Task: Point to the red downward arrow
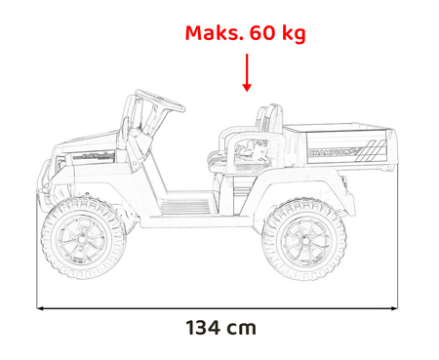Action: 246,72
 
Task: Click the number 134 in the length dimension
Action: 206,328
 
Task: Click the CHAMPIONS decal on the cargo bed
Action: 335,153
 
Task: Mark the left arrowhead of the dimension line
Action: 41,309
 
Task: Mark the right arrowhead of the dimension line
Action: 396,309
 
